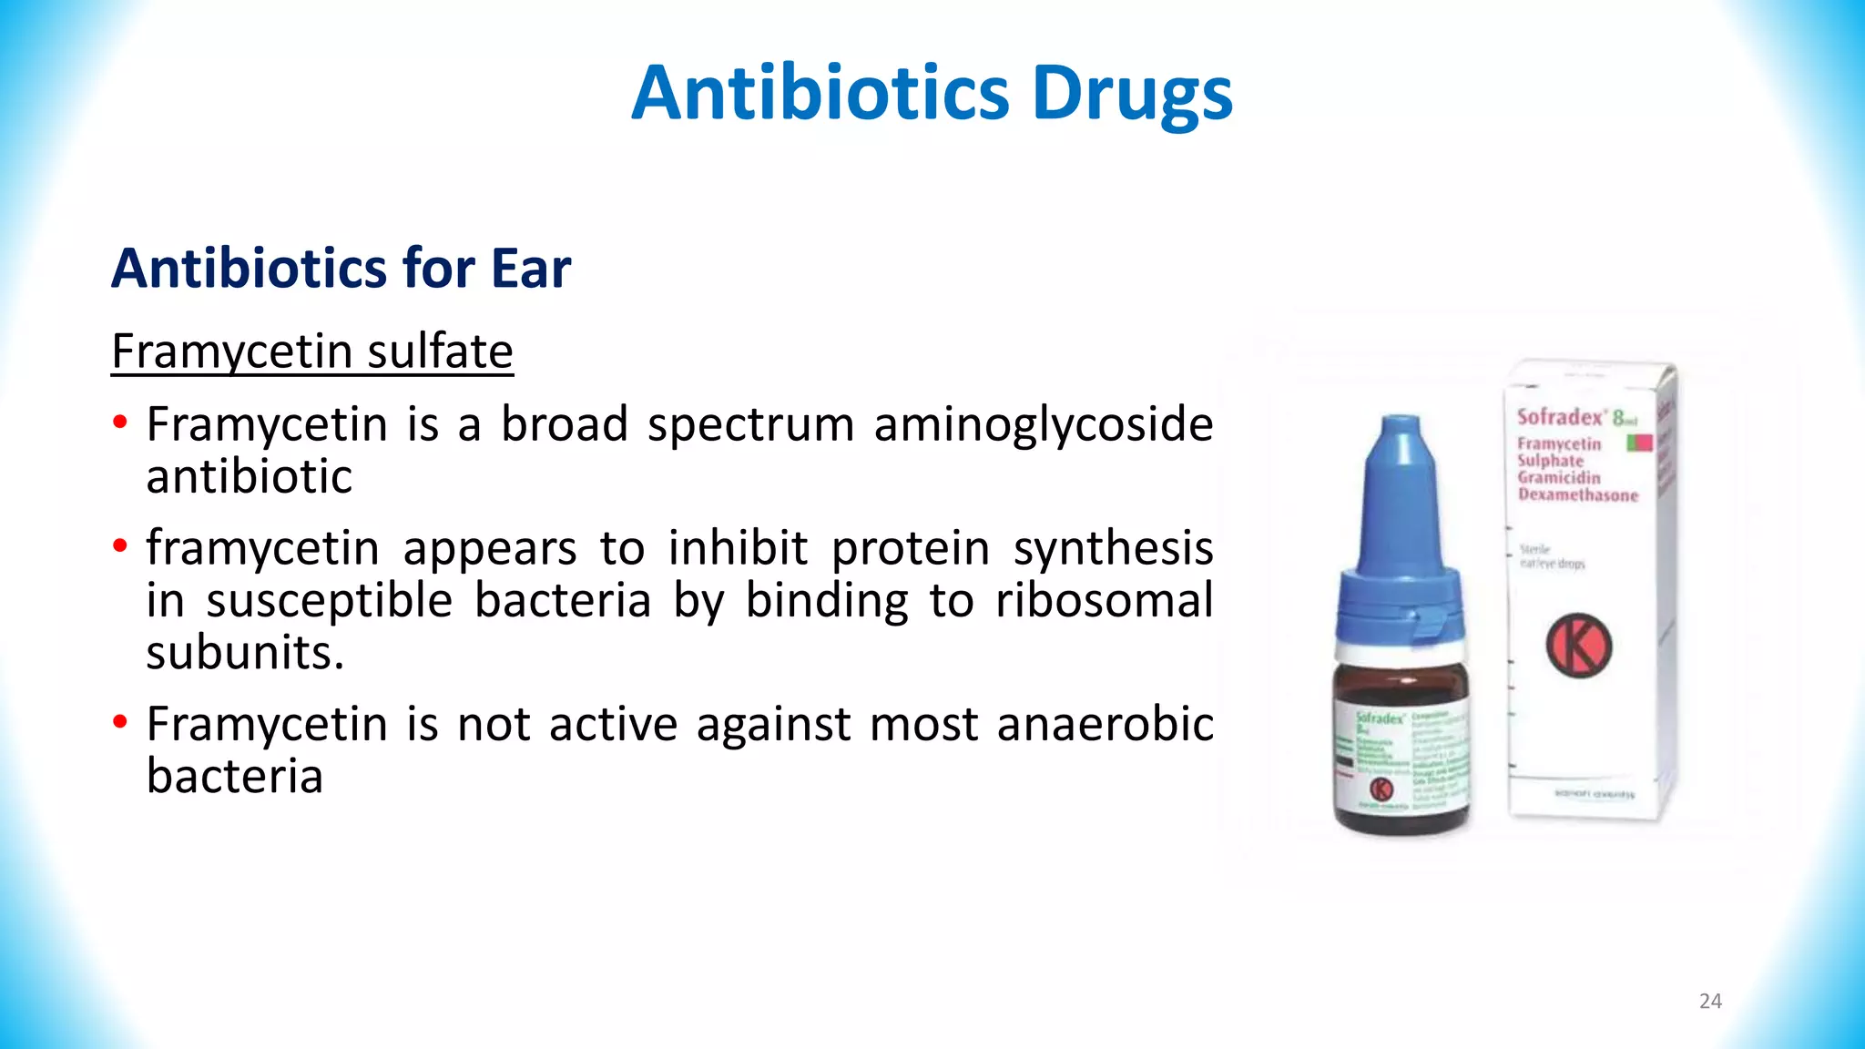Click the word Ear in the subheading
(531, 269)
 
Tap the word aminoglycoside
(1044, 425)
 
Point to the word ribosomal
(1104, 601)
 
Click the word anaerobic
(1105, 725)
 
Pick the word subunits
(245, 653)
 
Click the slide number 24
(1710, 1002)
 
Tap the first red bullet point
(120, 423)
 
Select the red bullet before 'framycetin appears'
(120, 547)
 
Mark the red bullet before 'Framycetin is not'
(120, 724)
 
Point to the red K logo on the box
(1578, 646)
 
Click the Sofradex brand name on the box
(1559, 418)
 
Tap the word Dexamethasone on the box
(1577, 495)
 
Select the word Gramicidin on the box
(1558, 478)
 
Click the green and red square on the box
(1639, 443)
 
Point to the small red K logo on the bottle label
(1381, 789)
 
